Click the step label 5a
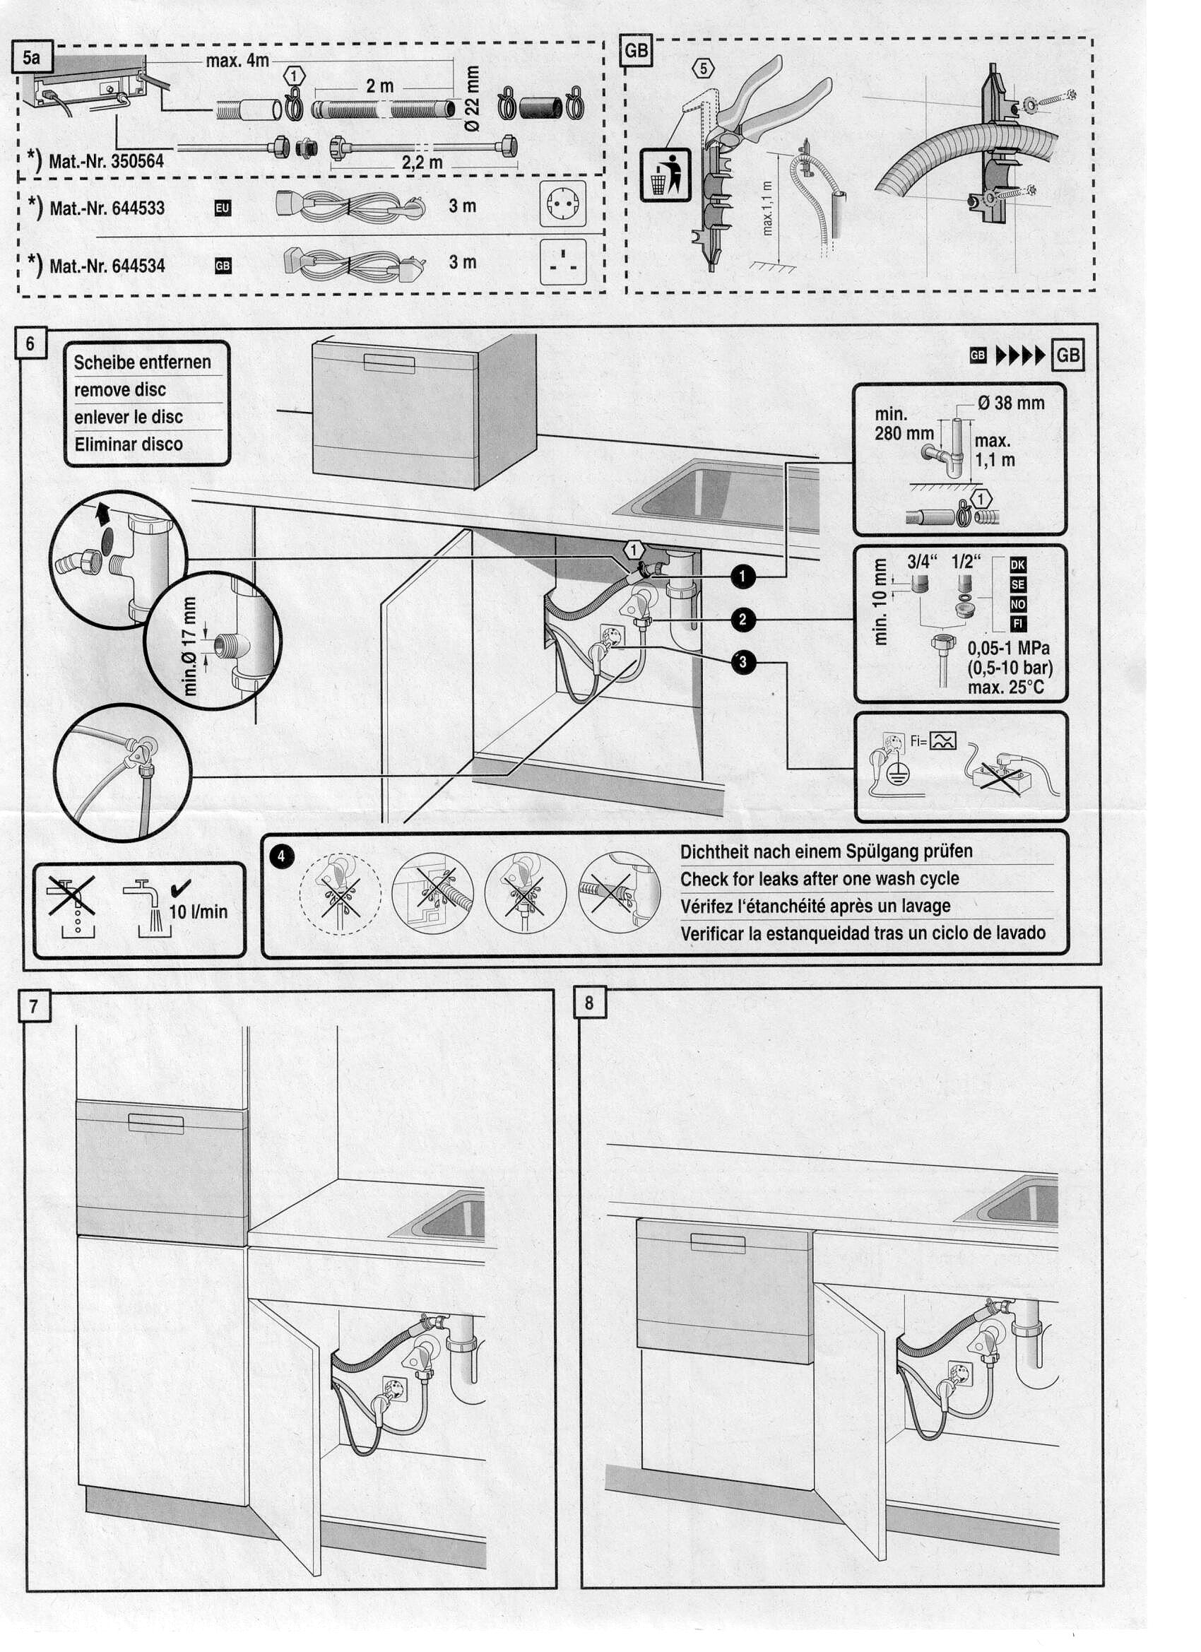[x=31, y=57]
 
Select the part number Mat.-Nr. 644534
[x=107, y=266]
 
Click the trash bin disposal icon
[x=665, y=175]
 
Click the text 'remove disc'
[x=120, y=390]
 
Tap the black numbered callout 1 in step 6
[x=743, y=576]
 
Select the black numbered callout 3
[x=743, y=661]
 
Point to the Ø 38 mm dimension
[x=1011, y=403]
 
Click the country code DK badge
[x=1017, y=565]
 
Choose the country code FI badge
[x=1017, y=623]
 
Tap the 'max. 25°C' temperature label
[x=1006, y=687]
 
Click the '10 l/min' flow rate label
[x=198, y=911]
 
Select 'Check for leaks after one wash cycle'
[x=820, y=878]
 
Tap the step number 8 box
[x=589, y=1003]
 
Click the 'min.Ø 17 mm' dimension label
[x=189, y=645]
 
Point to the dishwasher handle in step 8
[x=716, y=1243]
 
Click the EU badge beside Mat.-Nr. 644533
[x=222, y=208]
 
